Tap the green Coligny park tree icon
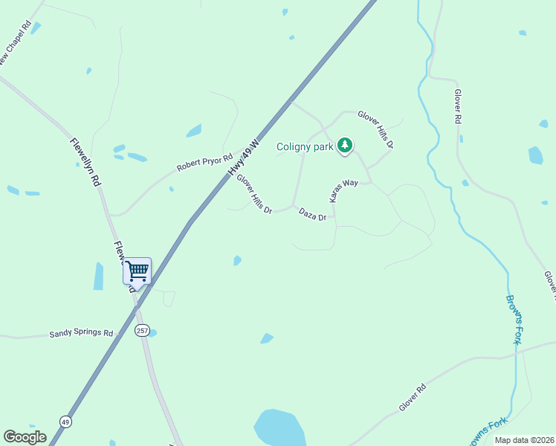[344, 146]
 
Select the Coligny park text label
[305, 146]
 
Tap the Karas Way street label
[344, 190]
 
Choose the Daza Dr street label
[313, 215]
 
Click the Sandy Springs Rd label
[81, 334]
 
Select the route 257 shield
[142, 329]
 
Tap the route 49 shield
[66, 421]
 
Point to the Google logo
[25, 436]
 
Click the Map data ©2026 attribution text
[524, 440]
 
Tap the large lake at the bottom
[279, 428]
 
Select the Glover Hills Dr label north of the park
[375, 129]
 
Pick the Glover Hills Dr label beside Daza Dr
[254, 195]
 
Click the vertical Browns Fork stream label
[514, 320]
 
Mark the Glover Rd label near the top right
[459, 108]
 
